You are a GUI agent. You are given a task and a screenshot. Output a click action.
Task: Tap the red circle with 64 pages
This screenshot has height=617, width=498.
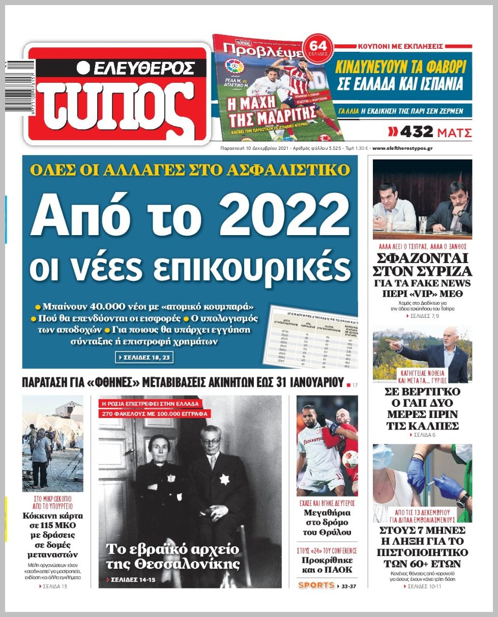[317, 49]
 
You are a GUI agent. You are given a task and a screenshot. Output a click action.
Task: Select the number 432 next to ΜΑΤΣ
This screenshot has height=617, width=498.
[417, 133]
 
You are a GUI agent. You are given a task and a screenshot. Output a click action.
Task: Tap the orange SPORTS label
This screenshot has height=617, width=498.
[316, 586]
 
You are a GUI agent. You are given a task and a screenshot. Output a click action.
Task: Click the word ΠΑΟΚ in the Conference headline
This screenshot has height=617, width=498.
[340, 570]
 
